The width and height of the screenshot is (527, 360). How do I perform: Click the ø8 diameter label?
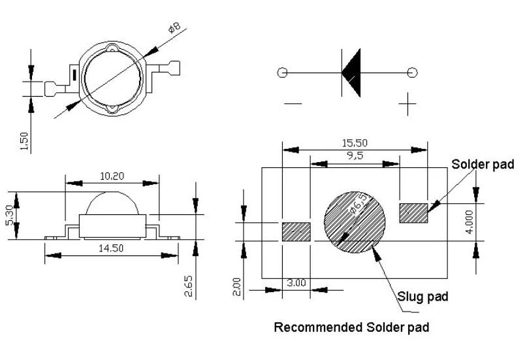point(175,27)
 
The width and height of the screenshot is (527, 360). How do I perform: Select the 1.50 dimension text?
point(24,141)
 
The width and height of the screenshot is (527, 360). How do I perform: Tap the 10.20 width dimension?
point(112,176)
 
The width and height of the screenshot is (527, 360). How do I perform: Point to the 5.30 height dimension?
point(10,215)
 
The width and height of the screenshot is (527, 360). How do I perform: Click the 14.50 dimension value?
point(111,248)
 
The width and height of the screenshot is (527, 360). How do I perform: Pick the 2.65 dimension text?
point(189,286)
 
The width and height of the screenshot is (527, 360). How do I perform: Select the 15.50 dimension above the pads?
point(355,143)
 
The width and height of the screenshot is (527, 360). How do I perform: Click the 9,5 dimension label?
point(355,155)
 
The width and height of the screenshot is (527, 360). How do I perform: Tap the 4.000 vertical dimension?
point(470,222)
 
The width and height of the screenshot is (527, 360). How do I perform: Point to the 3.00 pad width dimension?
point(296,283)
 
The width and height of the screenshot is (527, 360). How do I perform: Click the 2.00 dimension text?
point(237,286)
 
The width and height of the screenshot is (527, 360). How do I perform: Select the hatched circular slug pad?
point(355,222)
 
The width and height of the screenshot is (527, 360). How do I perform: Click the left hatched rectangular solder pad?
point(296,231)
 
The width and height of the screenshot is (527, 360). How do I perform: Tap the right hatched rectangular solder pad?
point(413,213)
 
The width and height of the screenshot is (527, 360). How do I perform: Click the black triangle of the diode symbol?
point(351,73)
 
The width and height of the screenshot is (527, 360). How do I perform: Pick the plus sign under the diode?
point(407,104)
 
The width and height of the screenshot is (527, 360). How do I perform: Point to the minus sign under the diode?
point(293,103)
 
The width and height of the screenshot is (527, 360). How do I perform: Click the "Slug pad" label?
point(423,297)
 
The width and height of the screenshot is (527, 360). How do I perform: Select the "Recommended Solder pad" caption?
point(351,327)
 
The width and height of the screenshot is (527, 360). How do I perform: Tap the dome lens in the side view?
point(112,203)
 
